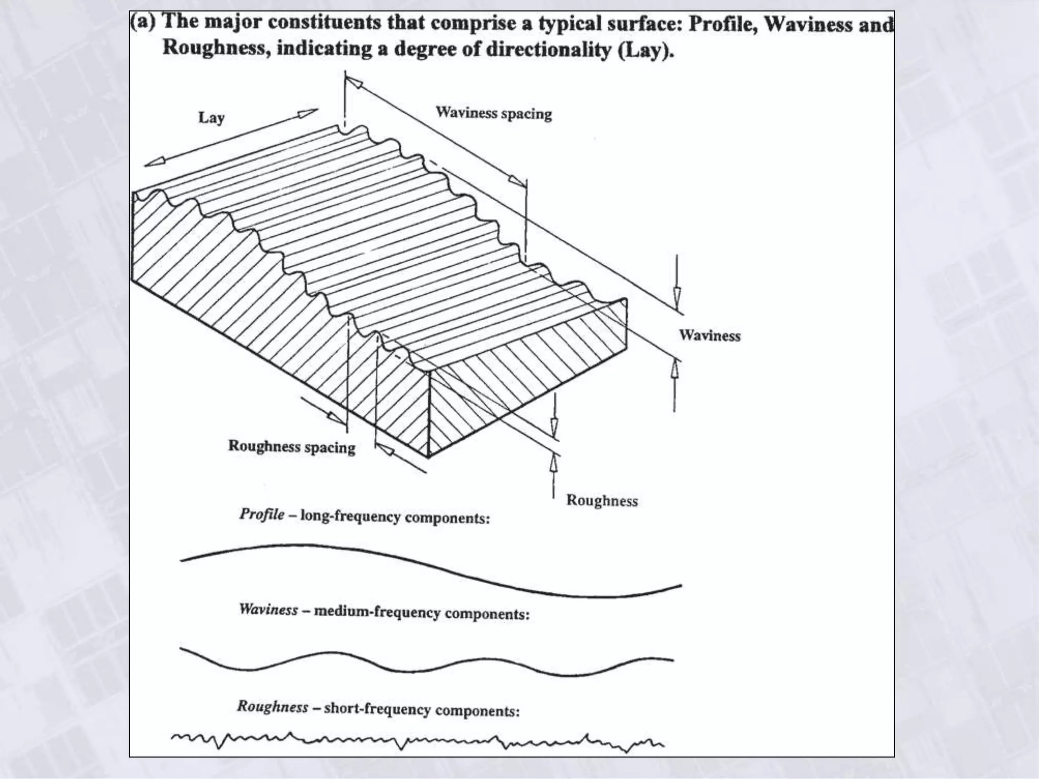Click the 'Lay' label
tap(211, 118)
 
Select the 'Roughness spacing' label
tap(292, 446)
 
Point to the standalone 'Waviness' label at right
tap(710, 335)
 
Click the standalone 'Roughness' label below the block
tap(602, 501)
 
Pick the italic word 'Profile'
tap(262, 514)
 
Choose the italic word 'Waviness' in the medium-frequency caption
tap(268, 609)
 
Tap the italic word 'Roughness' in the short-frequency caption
tap(272, 706)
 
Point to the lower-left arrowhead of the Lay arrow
tap(152, 162)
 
